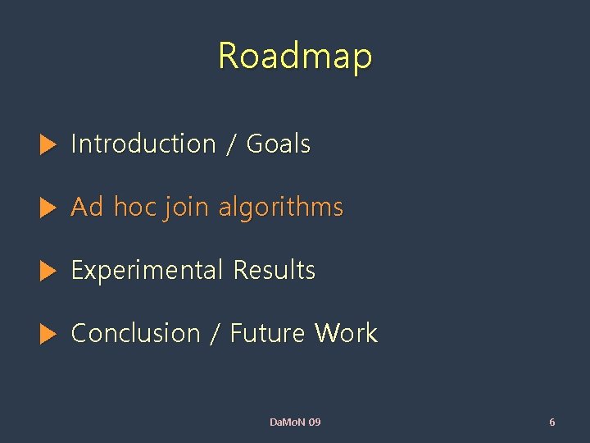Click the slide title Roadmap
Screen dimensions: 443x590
(295, 57)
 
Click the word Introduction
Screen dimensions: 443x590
(143, 144)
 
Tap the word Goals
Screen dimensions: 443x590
(279, 144)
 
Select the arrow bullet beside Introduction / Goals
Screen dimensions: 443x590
(48, 146)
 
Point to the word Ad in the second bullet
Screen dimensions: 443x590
(88, 207)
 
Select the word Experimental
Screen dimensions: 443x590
(147, 271)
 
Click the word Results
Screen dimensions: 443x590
(275, 270)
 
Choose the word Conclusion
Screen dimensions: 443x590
(136, 333)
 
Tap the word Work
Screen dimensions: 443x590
(347, 333)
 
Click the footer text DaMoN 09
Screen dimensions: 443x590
(295, 422)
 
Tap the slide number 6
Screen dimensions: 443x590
(551, 422)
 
